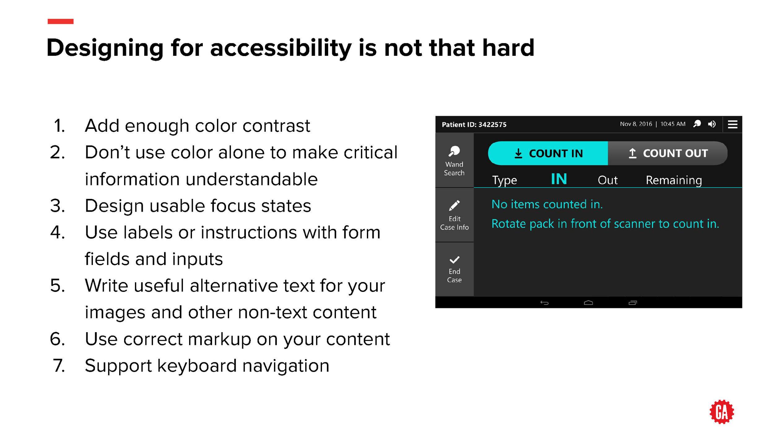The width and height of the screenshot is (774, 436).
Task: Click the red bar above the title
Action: pyautogui.click(x=60, y=21)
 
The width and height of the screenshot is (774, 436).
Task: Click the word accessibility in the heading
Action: pyautogui.click(x=281, y=48)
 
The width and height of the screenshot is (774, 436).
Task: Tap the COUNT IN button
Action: pyautogui.click(x=548, y=153)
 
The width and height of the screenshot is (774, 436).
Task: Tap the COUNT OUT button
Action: pyautogui.click(x=668, y=153)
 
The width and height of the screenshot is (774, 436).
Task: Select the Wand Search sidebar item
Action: pyautogui.click(x=454, y=161)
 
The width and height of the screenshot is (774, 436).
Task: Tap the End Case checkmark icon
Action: pyautogui.click(x=454, y=260)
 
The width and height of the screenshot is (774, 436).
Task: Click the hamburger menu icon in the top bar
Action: pyautogui.click(x=733, y=125)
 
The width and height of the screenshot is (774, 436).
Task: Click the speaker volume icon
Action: pyautogui.click(x=712, y=124)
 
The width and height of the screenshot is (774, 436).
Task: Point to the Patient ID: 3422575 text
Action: pyautogui.click(x=474, y=125)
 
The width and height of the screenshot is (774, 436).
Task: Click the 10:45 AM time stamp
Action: pyautogui.click(x=673, y=124)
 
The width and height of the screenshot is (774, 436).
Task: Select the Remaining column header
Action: pyautogui.click(x=674, y=180)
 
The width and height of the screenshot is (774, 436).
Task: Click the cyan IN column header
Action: pyautogui.click(x=559, y=179)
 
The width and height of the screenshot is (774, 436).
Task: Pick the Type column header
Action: pyautogui.click(x=504, y=180)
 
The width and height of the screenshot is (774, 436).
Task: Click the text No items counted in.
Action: pyautogui.click(x=547, y=205)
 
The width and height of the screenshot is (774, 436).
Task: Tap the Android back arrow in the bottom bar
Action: pyautogui.click(x=544, y=303)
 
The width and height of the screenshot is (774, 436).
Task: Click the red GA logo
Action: pyautogui.click(x=721, y=412)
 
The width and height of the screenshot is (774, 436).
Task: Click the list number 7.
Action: pyautogui.click(x=59, y=366)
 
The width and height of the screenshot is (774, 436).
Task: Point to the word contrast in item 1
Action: pyautogui.click(x=276, y=126)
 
